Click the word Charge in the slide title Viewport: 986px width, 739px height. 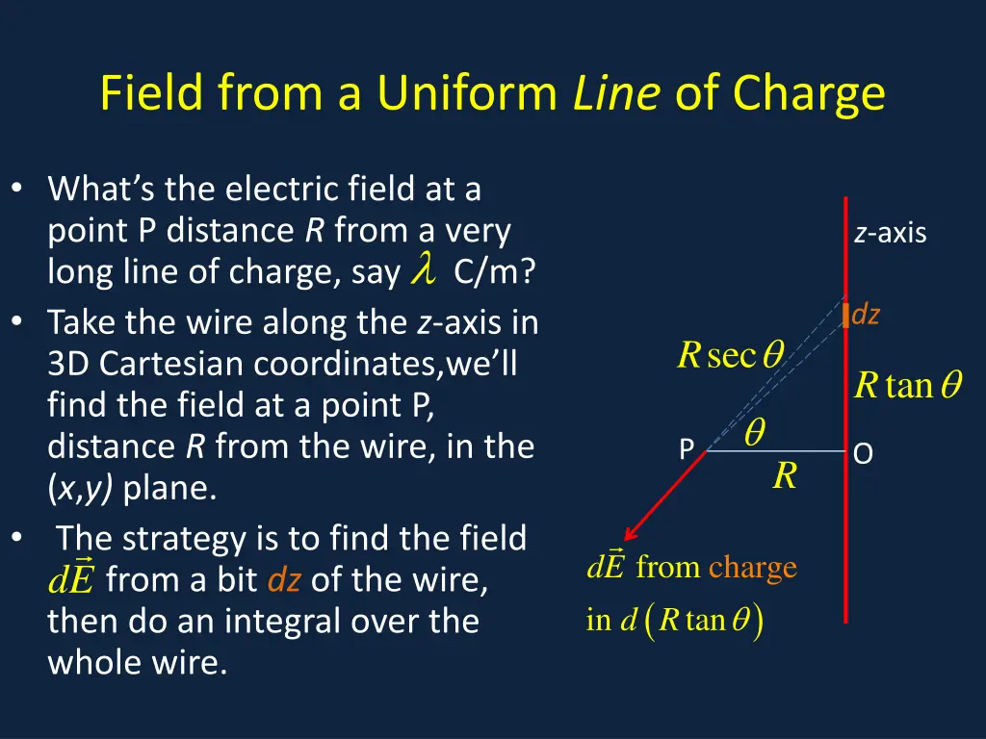coord(808,94)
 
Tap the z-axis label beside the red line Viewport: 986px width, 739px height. coord(890,233)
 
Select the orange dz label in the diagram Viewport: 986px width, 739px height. coord(867,314)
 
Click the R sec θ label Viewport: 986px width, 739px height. coord(731,356)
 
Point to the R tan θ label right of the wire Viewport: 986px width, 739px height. coord(908,386)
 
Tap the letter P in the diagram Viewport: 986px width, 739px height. coord(687,450)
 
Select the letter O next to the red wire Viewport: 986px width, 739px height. coord(863,453)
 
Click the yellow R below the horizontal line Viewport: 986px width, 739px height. coord(785,475)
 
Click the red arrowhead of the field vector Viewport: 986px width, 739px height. coord(632,533)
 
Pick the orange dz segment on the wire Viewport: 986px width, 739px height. coord(845,315)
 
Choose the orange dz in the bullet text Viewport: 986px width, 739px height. coord(285,580)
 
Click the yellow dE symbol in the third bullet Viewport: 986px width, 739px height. coord(71,578)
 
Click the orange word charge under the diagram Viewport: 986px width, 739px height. coord(753,568)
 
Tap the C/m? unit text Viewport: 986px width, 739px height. coord(495,273)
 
